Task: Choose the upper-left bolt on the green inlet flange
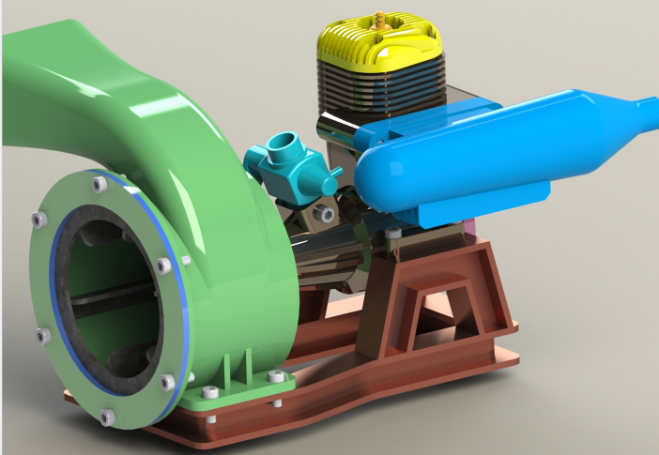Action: point(38,220)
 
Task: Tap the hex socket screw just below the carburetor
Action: point(325,214)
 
